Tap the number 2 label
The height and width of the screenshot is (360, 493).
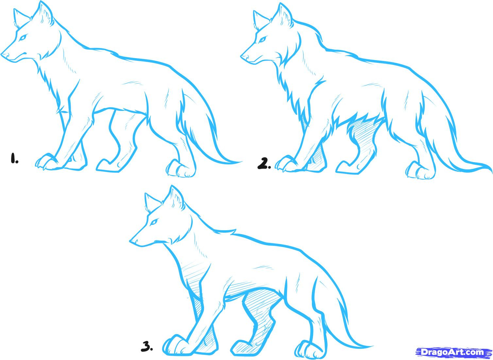click(264, 163)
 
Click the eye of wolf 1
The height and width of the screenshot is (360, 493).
click(23, 38)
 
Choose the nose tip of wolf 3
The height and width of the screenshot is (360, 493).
click(131, 241)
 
